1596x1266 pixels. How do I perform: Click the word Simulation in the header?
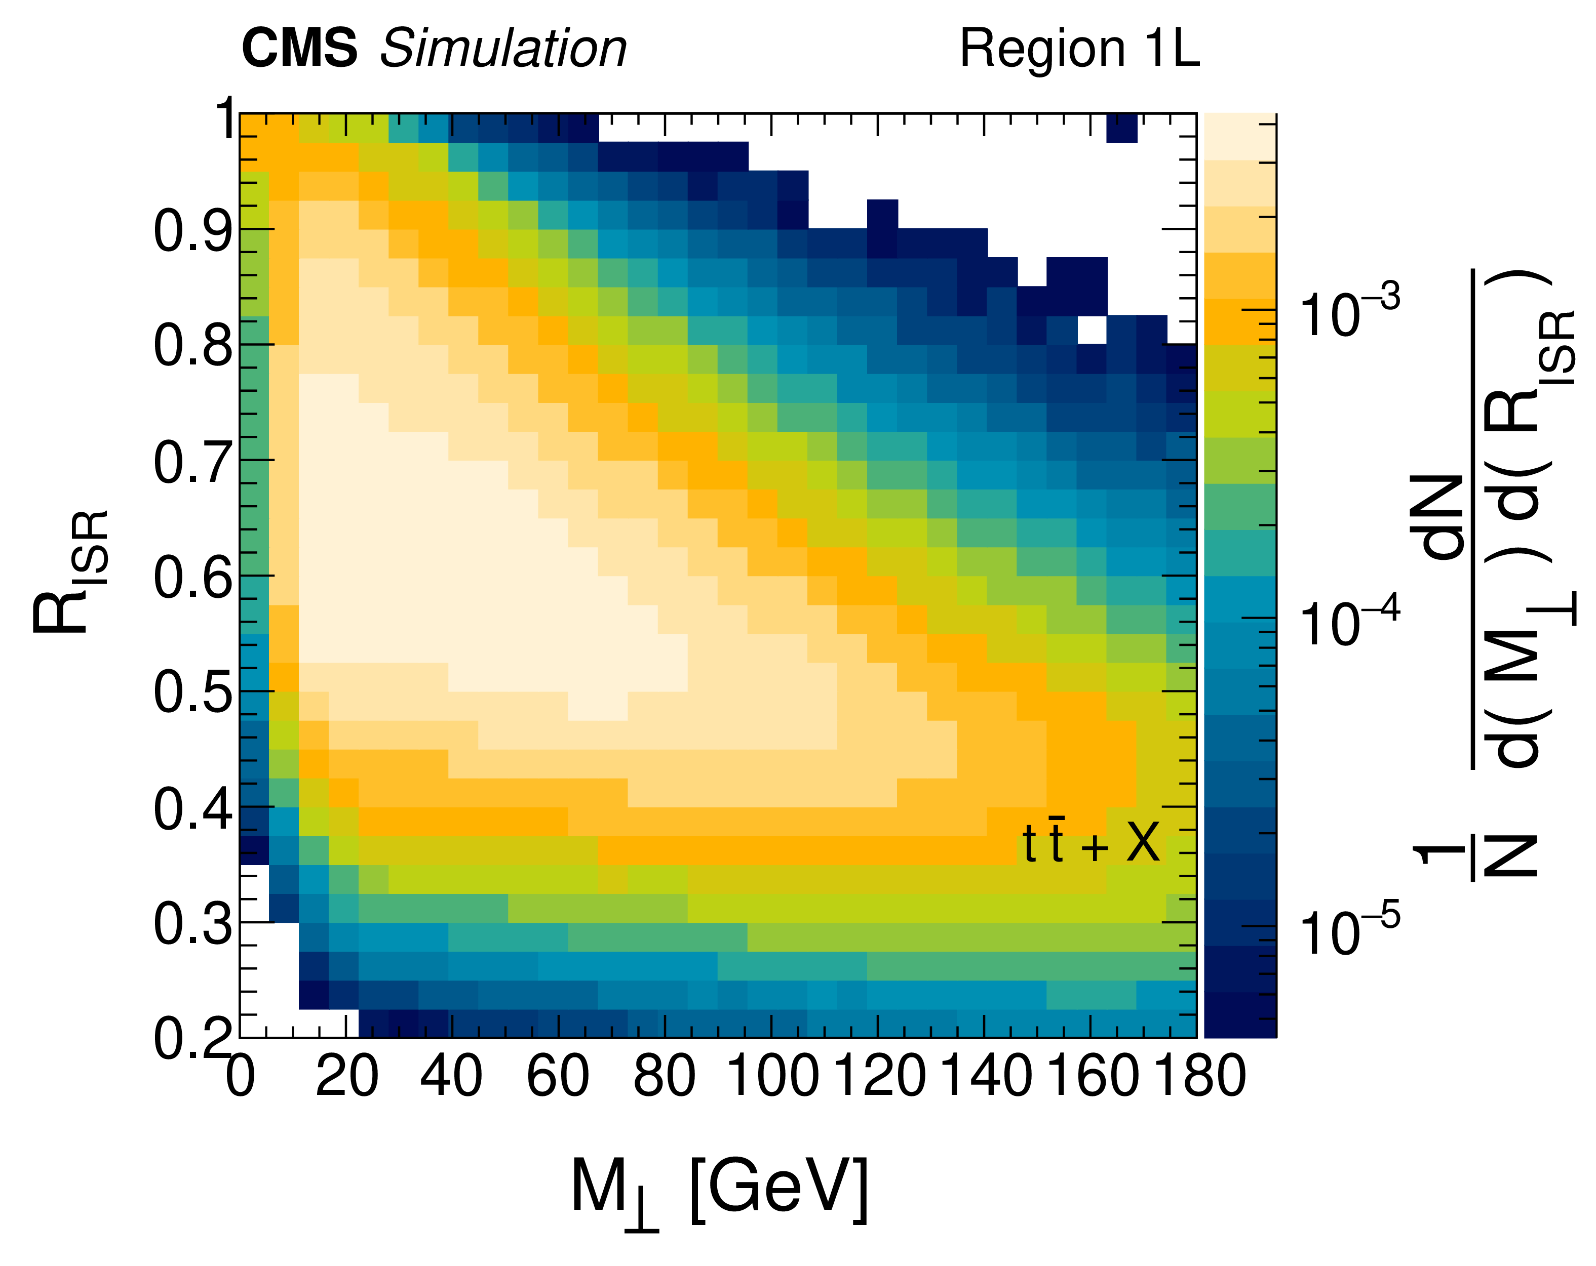[x=503, y=49]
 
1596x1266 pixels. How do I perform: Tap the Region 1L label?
[x=1078, y=49]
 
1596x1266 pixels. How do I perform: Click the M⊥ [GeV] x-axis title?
[x=718, y=1190]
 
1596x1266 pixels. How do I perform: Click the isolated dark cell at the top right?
[x=1121, y=127]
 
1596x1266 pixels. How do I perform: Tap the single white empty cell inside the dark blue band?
[x=1091, y=329]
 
